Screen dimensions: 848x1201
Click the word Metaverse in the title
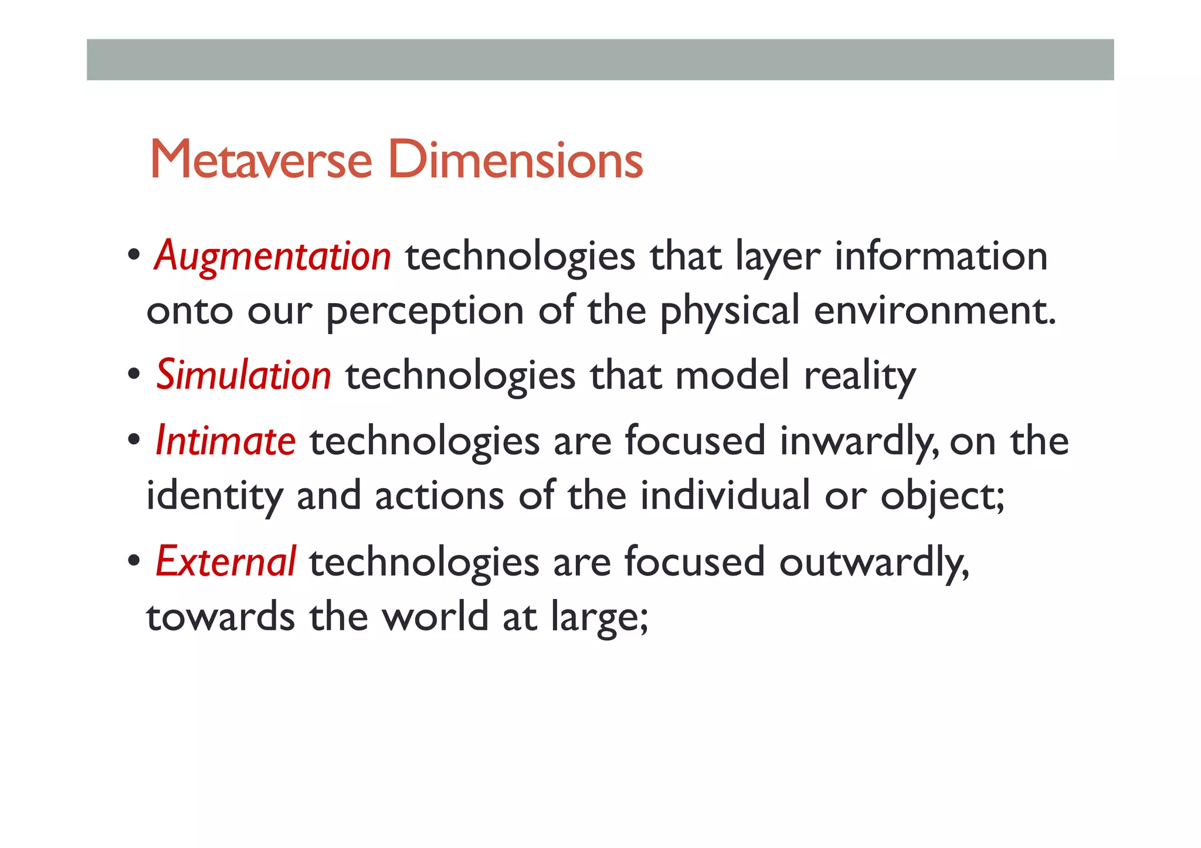261,159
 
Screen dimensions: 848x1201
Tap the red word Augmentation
273,256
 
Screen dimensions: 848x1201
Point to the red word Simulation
243,375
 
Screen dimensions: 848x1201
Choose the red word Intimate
226,441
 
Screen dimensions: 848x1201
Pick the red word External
226,561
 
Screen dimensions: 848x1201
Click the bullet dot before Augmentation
134,256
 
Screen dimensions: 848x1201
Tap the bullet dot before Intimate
134,440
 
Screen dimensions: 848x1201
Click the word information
941,256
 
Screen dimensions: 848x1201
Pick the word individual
725,496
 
